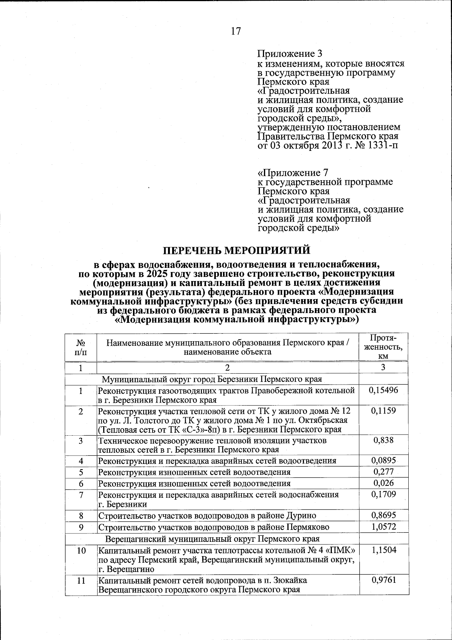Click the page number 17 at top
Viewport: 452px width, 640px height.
(235, 31)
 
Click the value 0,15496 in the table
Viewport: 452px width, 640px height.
(383, 391)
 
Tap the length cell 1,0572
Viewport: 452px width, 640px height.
(383, 526)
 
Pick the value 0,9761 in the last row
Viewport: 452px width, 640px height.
(383, 581)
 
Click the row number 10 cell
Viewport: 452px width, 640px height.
(81, 550)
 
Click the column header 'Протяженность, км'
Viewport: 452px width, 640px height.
(383, 347)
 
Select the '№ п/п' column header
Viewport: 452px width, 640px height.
(81, 347)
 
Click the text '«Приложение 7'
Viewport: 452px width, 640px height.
(293, 173)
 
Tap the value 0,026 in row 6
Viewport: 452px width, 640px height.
(383, 483)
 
